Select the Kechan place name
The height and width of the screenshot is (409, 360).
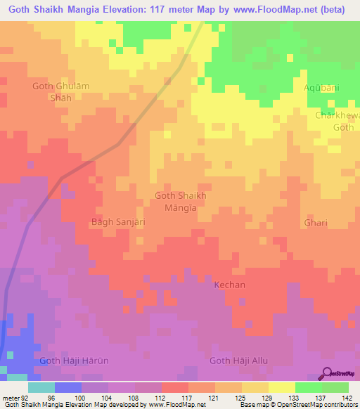click(230, 285)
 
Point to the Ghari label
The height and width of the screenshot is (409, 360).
click(316, 222)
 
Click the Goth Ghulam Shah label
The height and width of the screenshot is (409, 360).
click(62, 92)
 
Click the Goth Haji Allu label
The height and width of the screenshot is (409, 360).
click(239, 361)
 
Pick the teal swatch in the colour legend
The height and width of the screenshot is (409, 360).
click(41, 387)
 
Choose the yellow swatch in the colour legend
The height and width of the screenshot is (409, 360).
click(281, 387)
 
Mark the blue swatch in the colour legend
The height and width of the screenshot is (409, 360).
click(67, 387)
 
